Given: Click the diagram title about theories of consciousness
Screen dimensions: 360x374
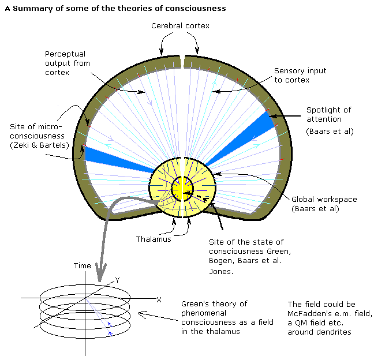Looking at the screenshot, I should coord(115,9).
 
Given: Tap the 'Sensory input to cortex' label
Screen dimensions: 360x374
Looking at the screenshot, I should coord(300,75).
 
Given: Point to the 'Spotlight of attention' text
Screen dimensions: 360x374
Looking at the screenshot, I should coord(329,114).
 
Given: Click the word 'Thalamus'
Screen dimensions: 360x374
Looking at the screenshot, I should coord(154,239).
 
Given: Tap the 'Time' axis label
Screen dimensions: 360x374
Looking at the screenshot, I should coord(82,265).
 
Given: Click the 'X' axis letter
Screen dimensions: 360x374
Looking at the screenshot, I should coord(158,299).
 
